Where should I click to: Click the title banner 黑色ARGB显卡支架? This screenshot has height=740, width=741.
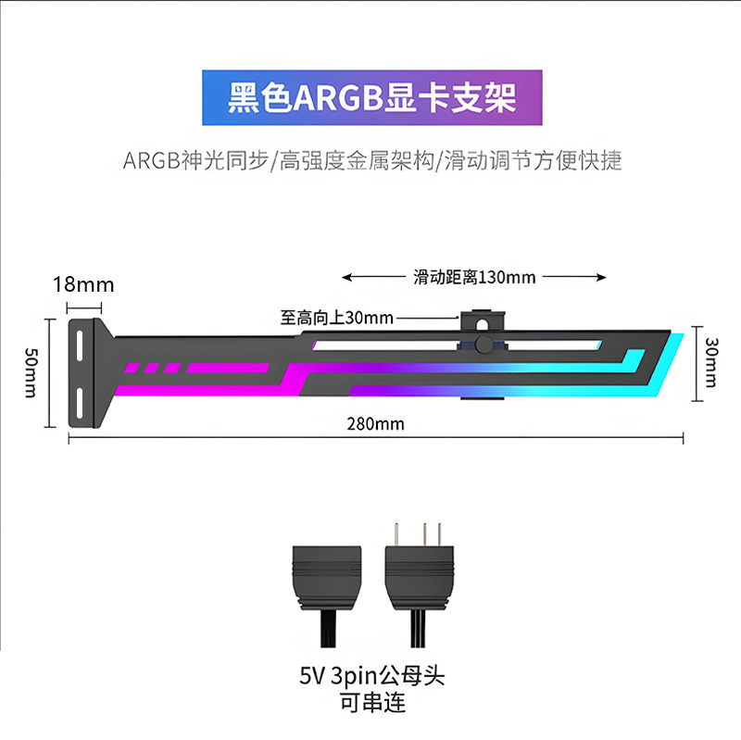tap(372, 98)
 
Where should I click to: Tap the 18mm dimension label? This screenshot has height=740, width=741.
tap(83, 284)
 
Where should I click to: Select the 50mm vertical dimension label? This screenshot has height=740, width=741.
tap(31, 373)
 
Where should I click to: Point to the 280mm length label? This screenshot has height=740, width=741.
tap(376, 424)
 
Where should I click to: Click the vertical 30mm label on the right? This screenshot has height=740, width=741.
tap(711, 362)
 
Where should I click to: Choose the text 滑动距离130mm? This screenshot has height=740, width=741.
tap(474, 277)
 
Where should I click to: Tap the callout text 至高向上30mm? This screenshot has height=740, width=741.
tap(337, 318)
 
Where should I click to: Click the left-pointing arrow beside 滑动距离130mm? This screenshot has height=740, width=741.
tap(373, 277)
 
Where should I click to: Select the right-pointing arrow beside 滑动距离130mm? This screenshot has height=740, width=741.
tap(574, 277)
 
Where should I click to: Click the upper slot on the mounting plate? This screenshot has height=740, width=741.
tap(80, 345)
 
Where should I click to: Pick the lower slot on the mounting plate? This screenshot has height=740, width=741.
tap(80, 403)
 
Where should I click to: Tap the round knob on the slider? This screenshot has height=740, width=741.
tap(484, 345)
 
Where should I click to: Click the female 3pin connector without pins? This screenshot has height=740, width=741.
tap(327, 596)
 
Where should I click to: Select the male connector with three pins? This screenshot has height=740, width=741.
tap(420, 586)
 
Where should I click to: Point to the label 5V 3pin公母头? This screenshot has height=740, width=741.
tap(372, 676)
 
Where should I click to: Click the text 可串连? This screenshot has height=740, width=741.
tap(372, 703)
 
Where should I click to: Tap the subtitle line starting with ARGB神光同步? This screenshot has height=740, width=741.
tap(372, 160)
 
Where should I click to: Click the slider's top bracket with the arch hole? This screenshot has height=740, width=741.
tap(483, 320)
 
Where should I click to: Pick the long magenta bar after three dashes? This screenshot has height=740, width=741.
tap(227, 368)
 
